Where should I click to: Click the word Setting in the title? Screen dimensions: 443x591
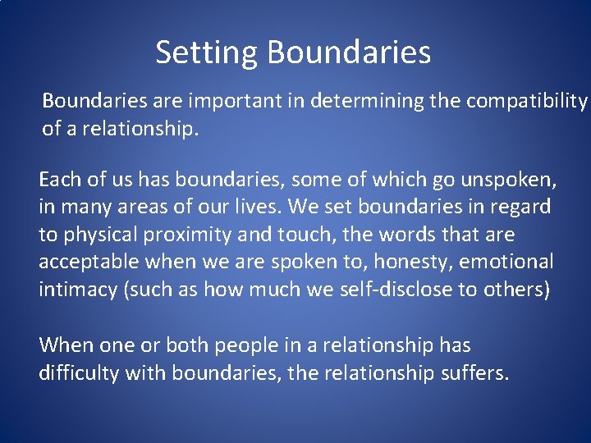click(207, 53)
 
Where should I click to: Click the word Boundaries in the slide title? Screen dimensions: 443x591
click(349, 53)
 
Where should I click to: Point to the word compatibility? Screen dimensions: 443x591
click(527, 101)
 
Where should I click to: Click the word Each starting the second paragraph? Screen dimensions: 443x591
click(57, 179)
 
